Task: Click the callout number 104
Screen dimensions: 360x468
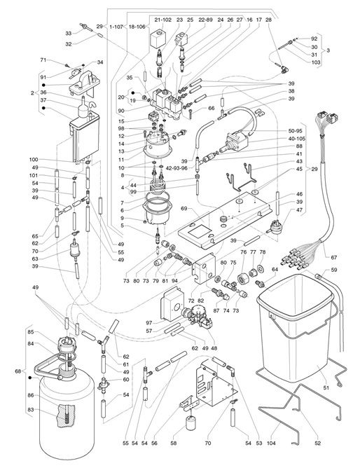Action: point(271,443)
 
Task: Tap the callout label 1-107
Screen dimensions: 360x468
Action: point(116,27)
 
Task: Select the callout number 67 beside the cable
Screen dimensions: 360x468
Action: point(334,257)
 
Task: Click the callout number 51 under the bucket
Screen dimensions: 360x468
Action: point(326,387)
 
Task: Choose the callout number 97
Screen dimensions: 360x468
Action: point(148,323)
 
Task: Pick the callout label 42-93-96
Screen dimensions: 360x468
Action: point(177,168)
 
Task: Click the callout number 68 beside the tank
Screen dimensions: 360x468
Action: point(18,371)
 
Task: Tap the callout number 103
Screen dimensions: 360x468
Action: point(316,62)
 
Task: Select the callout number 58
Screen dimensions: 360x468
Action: point(173,443)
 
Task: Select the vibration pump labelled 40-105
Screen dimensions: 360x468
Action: point(235,142)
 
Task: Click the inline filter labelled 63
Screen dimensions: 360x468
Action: point(74,249)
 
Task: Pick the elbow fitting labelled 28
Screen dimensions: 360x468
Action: point(282,70)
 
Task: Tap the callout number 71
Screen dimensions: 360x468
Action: point(43,60)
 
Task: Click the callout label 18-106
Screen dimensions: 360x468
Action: point(137,27)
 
